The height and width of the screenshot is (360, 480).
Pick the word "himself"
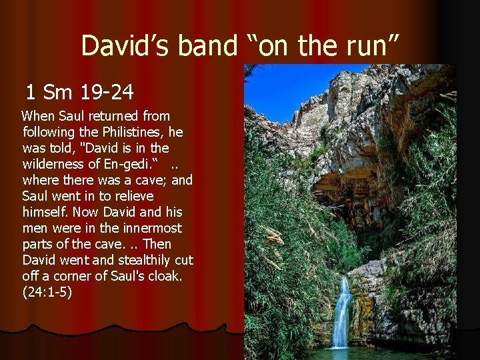pyautogui.click(x=47, y=212)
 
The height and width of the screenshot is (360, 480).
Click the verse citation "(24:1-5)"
pyautogui.click(x=47, y=292)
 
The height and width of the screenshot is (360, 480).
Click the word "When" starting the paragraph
pyautogui.click(x=39, y=116)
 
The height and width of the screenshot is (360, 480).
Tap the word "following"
pyautogui.click(x=48, y=132)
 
